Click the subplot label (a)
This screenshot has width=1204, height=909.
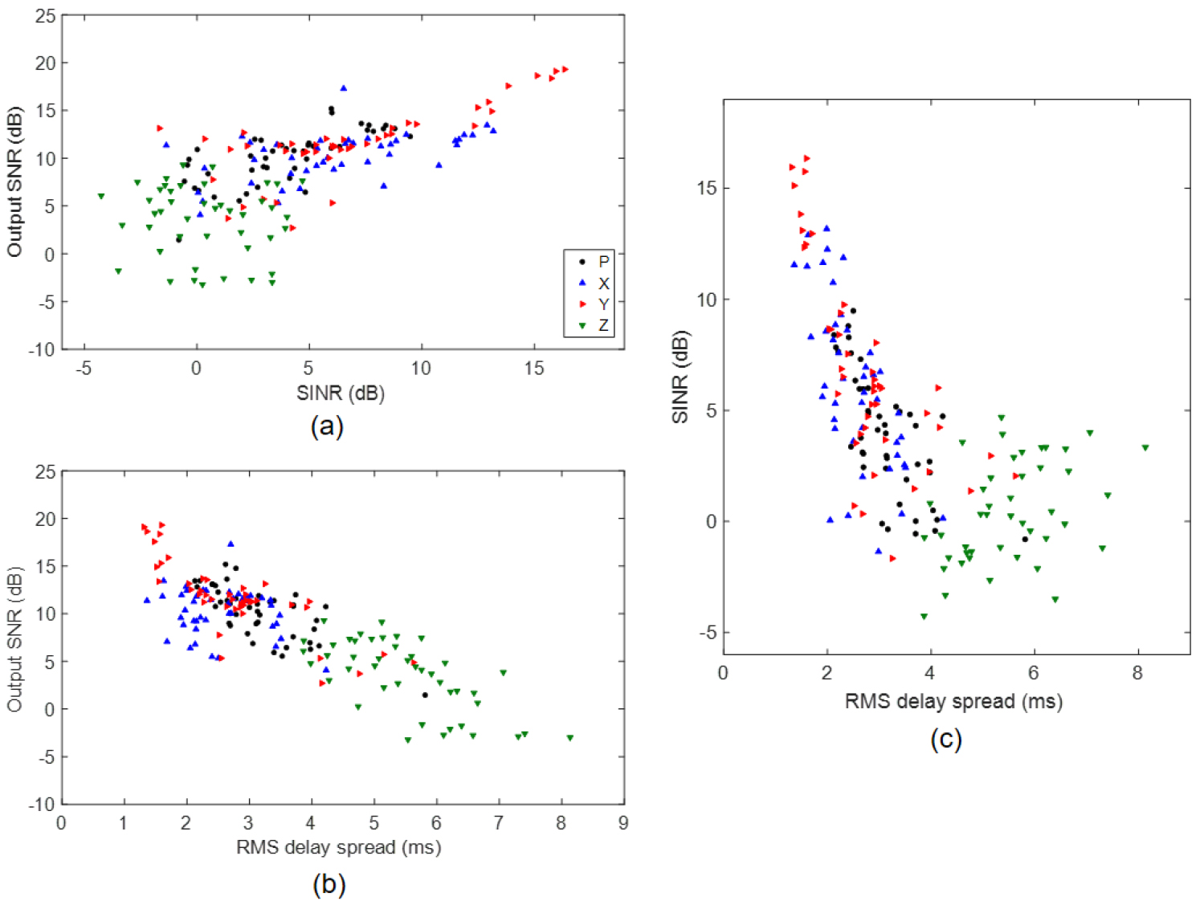pyautogui.click(x=327, y=426)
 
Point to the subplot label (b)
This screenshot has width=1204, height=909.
pyautogui.click(x=329, y=884)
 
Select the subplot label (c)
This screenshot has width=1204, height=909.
pyautogui.click(x=945, y=738)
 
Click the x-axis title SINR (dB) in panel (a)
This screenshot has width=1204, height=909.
pyautogui.click(x=341, y=393)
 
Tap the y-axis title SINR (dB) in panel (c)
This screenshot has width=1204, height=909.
pyautogui.click(x=681, y=377)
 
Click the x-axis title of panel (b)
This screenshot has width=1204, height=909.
pyautogui.click(x=338, y=847)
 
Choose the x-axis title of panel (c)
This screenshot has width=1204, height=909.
pyautogui.click(x=953, y=701)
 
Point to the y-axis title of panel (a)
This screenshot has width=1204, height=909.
pyautogui.click(x=14, y=182)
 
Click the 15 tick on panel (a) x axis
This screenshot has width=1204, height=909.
pyautogui.click(x=534, y=369)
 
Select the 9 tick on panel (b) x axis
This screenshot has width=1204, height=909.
pyautogui.click(x=623, y=823)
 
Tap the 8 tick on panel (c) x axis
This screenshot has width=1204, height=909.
pyautogui.click(x=1137, y=673)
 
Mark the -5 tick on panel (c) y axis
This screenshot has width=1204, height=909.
pyautogui.click(x=707, y=633)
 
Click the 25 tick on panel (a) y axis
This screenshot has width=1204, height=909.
pyautogui.click(x=46, y=16)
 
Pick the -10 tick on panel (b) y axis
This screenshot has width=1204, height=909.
pyautogui.click(x=42, y=804)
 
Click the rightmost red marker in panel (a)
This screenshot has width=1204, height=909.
pyautogui.click(x=565, y=69)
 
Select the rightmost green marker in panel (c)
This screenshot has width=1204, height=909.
pyautogui.click(x=1145, y=448)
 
